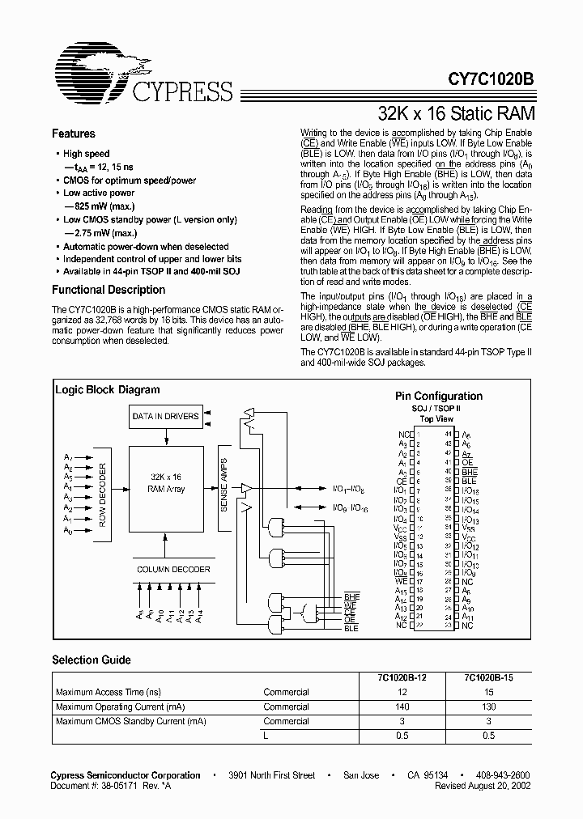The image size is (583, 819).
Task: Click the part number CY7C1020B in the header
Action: (x=491, y=81)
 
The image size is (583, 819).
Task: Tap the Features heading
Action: (x=74, y=134)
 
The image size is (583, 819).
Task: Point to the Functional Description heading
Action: (x=108, y=290)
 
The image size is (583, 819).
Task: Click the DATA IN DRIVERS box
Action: (x=164, y=416)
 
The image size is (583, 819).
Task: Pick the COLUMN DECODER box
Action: (x=173, y=569)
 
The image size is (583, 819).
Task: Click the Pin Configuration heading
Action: (x=438, y=396)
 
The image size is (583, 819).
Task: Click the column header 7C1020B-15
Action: (x=488, y=679)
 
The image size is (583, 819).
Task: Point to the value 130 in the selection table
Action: (x=488, y=707)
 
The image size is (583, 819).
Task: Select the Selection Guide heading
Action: (x=91, y=660)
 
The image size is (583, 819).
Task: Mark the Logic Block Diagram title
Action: (x=108, y=389)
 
